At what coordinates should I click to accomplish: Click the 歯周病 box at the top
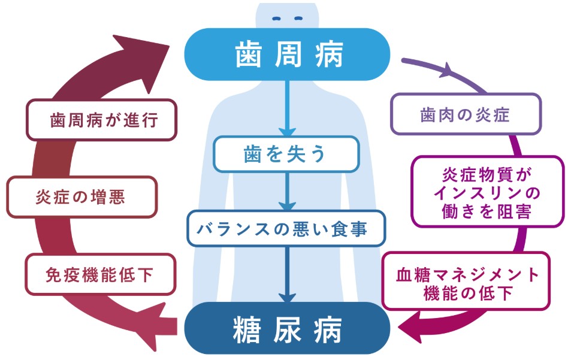tap(287, 55)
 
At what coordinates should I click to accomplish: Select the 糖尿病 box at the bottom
tap(287, 328)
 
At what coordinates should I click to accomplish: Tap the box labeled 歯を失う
tap(287, 154)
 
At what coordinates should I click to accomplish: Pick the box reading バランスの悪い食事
tap(287, 228)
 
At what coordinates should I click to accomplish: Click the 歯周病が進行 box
tap(101, 120)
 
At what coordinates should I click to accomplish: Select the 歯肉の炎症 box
tap(466, 114)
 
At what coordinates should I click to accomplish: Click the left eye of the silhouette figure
tap(277, 18)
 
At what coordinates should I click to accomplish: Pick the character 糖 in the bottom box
tap(247, 329)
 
